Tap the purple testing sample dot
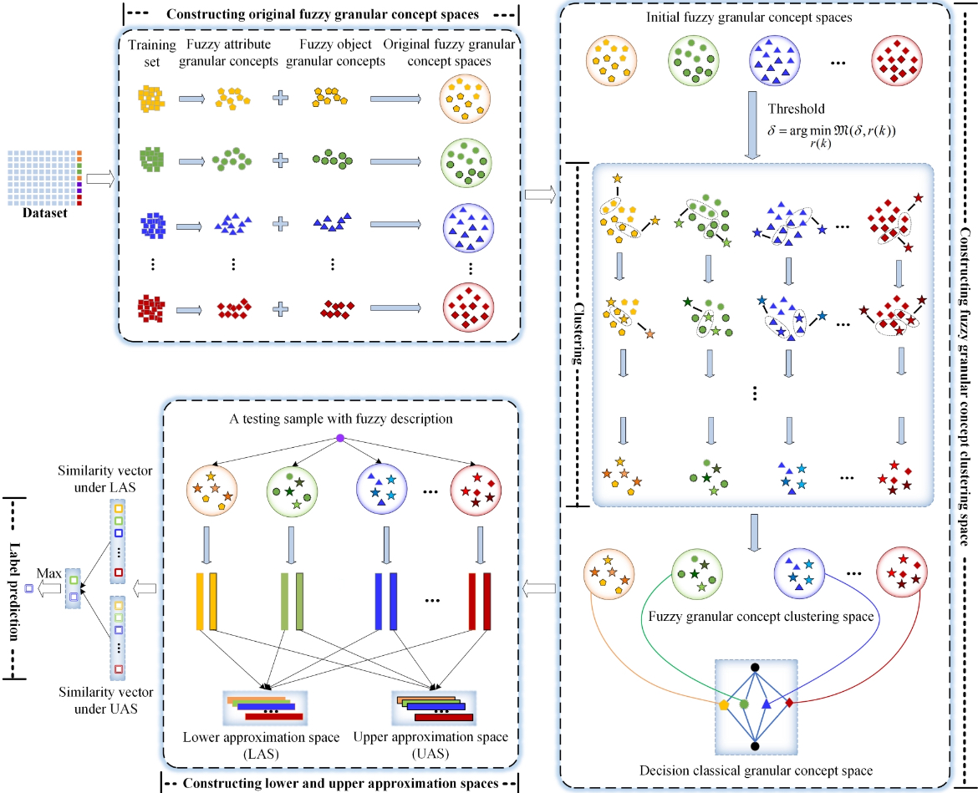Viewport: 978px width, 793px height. (x=340, y=439)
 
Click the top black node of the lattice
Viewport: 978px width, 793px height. (x=755, y=667)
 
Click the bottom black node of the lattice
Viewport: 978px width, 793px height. (x=755, y=745)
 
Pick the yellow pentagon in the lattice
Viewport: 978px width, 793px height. (x=723, y=704)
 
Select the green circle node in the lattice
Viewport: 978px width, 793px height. (x=744, y=704)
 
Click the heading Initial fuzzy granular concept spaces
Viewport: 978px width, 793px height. (x=755, y=18)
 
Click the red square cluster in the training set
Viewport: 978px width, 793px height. (x=152, y=308)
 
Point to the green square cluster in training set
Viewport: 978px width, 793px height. (x=152, y=160)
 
